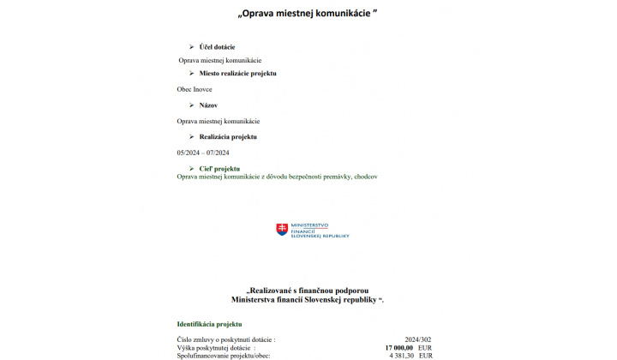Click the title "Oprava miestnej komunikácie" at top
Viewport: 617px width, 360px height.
pyautogui.click(x=308, y=14)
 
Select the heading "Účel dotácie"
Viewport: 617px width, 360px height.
pyautogui.click(x=217, y=46)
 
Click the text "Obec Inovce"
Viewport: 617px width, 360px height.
pyautogui.click(x=195, y=89)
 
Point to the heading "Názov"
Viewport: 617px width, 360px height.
pyautogui.click(x=207, y=105)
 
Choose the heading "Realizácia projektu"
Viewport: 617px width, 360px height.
pyautogui.click(x=228, y=136)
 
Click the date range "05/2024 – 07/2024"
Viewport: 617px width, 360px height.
pyautogui.click(x=203, y=152)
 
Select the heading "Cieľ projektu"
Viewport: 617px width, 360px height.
pyautogui.click(x=219, y=168)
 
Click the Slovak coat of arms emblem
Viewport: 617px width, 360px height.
pyautogui.click(x=282, y=230)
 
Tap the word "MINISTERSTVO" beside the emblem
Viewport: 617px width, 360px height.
pyautogui.click(x=316, y=225)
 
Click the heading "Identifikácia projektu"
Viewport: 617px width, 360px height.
pyautogui.click(x=209, y=324)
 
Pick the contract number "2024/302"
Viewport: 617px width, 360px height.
pyautogui.click(x=416, y=339)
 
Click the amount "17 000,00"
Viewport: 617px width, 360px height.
pyautogui.click(x=398, y=347)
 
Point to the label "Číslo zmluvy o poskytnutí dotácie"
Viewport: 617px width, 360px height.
pyautogui.click(x=226, y=339)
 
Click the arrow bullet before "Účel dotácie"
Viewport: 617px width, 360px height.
pyautogui.click(x=191, y=46)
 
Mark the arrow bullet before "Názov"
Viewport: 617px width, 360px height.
pyautogui.click(x=191, y=105)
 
